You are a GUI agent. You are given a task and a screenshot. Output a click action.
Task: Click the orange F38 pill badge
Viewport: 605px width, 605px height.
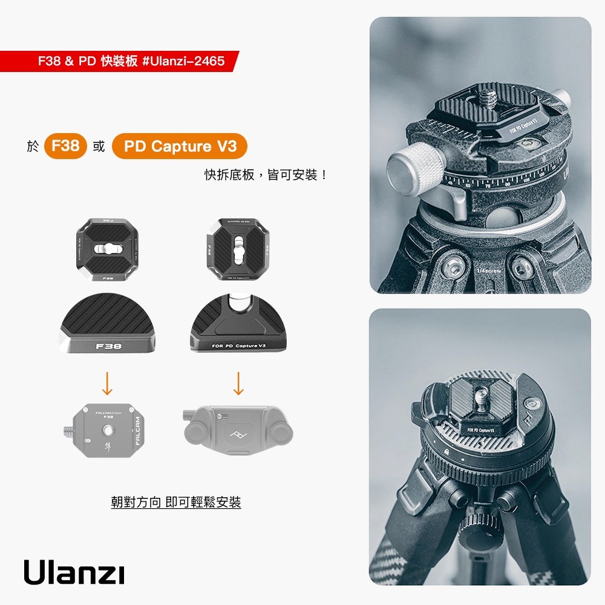(x=65, y=146)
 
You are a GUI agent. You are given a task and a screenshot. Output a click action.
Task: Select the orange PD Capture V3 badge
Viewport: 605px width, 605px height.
(x=180, y=146)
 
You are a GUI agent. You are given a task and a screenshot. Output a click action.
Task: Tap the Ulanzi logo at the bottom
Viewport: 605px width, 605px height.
(x=74, y=572)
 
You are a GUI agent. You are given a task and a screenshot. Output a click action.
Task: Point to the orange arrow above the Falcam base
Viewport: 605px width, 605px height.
(x=106, y=383)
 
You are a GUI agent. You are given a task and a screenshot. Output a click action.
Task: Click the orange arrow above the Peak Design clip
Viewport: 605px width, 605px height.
(x=238, y=383)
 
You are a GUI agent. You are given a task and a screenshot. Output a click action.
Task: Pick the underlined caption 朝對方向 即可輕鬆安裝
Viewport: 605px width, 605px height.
(x=175, y=502)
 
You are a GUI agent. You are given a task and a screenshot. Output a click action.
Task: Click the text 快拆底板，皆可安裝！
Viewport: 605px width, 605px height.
(x=266, y=175)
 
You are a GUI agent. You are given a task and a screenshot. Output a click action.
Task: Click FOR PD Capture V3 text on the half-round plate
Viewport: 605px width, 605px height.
(x=239, y=345)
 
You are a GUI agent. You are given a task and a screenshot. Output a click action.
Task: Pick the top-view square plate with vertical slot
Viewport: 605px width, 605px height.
(x=238, y=248)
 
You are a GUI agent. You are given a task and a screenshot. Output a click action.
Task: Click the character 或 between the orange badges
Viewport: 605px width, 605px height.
(x=99, y=146)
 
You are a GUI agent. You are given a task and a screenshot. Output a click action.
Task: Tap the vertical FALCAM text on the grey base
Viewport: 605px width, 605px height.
(x=137, y=431)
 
